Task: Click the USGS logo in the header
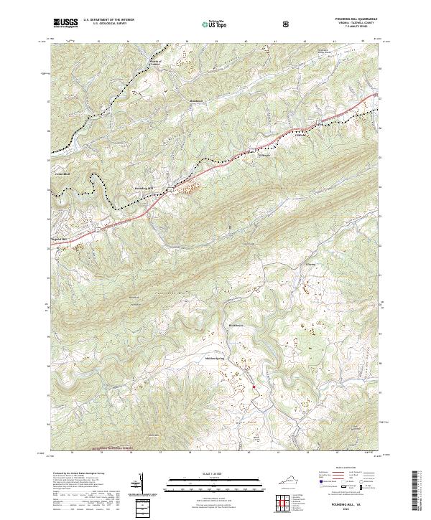pyautogui.click(x=65, y=23)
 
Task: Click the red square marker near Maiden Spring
pyautogui.click(x=254, y=388)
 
